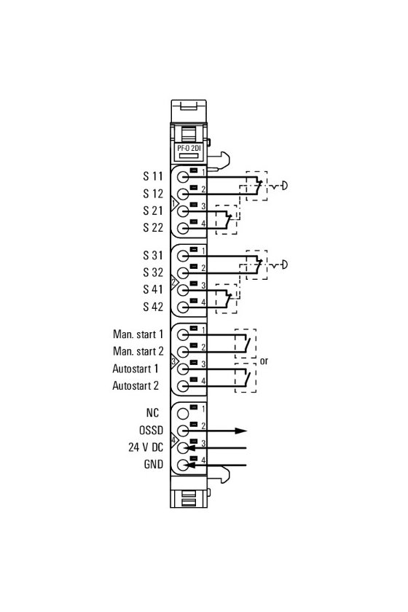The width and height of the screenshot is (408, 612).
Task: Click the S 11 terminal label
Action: (x=153, y=176)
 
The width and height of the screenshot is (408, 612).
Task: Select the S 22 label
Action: (x=153, y=227)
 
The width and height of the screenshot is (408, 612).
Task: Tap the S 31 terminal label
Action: (x=153, y=255)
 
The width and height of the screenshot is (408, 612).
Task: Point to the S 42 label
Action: (x=153, y=307)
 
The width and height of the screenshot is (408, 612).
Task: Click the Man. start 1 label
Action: (x=138, y=334)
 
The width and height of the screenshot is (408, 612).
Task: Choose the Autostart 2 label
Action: (x=136, y=385)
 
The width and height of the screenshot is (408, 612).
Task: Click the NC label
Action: (x=152, y=413)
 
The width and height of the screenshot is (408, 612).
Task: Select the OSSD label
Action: (x=151, y=430)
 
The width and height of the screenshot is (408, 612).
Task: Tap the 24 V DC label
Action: (x=146, y=447)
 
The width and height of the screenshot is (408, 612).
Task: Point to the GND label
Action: (x=154, y=465)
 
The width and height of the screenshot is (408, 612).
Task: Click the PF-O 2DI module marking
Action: (x=189, y=149)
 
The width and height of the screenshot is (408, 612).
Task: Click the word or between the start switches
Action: (x=264, y=361)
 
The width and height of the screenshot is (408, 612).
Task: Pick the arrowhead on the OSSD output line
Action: (x=241, y=431)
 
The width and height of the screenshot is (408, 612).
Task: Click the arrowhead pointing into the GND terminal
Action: (x=192, y=465)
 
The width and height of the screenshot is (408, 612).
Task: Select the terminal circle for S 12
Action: (x=183, y=194)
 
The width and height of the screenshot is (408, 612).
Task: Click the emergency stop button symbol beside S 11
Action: (x=280, y=186)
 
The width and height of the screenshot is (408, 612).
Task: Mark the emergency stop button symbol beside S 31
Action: (x=280, y=265)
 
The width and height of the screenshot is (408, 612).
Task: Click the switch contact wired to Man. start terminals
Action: (x=247, y=343)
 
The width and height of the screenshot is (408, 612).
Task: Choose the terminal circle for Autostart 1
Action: (x=183, y=369)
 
